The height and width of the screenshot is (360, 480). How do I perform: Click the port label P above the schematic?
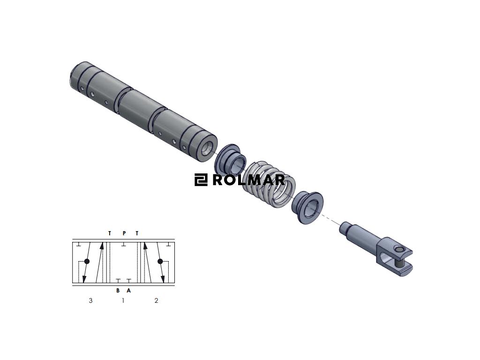click(124, 233)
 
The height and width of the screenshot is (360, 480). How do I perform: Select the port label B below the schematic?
click(118, 291)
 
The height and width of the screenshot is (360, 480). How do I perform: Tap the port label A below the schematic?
click(128, 291)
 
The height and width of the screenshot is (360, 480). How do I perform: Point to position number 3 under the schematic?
click(90, 300)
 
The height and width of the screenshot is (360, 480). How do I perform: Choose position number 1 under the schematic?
click(123, 300)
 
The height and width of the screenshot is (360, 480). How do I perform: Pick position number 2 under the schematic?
click(156, 300)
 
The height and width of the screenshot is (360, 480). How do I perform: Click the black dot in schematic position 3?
click(87, 262)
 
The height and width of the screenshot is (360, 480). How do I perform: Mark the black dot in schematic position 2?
click(160, 262)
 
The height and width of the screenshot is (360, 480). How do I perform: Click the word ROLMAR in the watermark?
click(248, 180)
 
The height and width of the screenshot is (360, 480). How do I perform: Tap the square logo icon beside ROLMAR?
click(201, 180)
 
